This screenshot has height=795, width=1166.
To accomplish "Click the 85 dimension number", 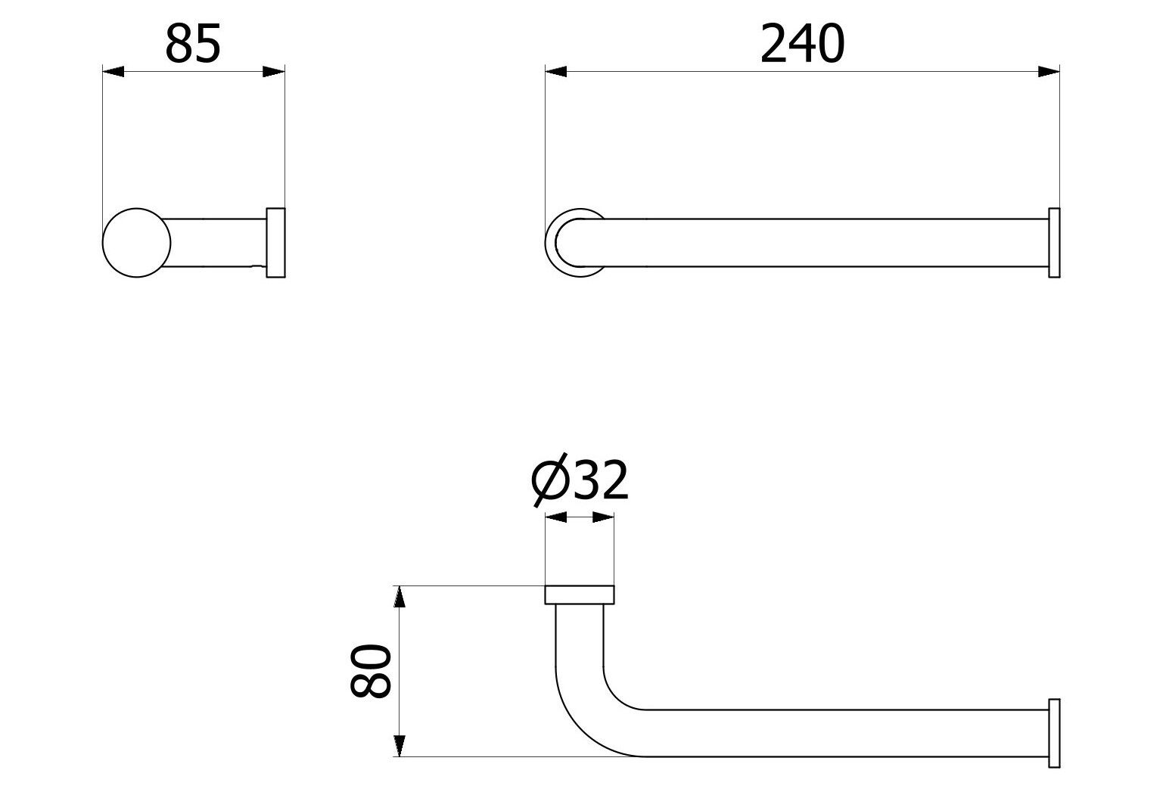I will [x=193, y=44].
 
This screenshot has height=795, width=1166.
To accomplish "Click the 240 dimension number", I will [x=801, y=44].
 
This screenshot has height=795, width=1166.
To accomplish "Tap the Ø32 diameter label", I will [x=580, y=481].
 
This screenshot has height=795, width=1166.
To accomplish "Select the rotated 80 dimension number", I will [x=371, y=670].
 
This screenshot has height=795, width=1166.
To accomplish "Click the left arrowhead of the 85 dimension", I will [x=113, y=72].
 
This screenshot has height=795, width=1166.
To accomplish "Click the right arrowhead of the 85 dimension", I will [x=274, y=72].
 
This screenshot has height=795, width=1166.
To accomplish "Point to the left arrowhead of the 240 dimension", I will [x=555, y=72].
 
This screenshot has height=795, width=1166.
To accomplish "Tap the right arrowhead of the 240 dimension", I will [x=1048, y=72].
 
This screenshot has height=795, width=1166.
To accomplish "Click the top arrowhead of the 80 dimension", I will [x=400, y=597].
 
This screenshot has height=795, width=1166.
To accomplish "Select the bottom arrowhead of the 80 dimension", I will [x=400, y=745].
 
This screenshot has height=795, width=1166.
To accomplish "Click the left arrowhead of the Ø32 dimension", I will [x=555, y=518].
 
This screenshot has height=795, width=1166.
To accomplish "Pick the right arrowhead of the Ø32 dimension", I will [x=603, y=518].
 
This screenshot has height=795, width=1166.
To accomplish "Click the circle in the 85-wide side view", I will [x=136, y=242].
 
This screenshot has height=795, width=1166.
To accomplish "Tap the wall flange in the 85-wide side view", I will [x=275, y=242].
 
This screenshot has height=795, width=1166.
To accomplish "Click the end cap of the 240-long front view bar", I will [x=1054, y=243].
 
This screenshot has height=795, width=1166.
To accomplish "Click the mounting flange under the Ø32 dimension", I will [x=580, y=595].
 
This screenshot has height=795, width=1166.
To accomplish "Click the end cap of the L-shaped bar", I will [x=1054, y=733].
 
